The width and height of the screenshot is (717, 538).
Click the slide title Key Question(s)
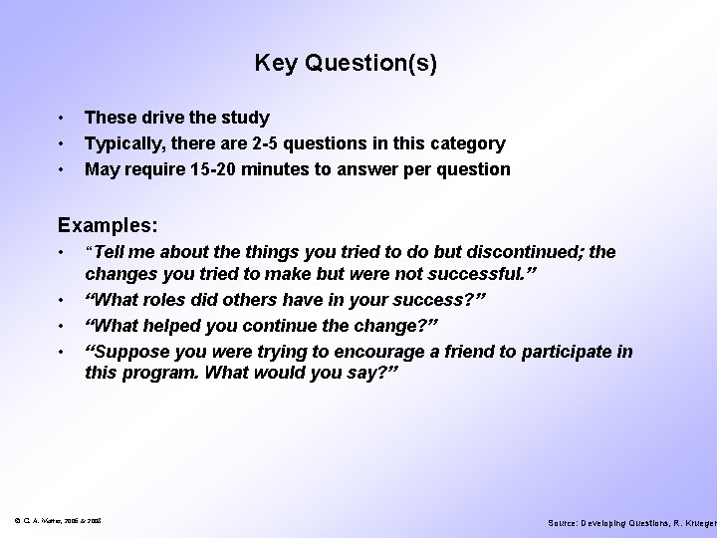click(346, 64)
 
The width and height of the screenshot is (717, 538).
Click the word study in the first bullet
click(244, 118)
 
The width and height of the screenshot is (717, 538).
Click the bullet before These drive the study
click(62, 118)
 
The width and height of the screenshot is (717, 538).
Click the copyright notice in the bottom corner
click(61, 522)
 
